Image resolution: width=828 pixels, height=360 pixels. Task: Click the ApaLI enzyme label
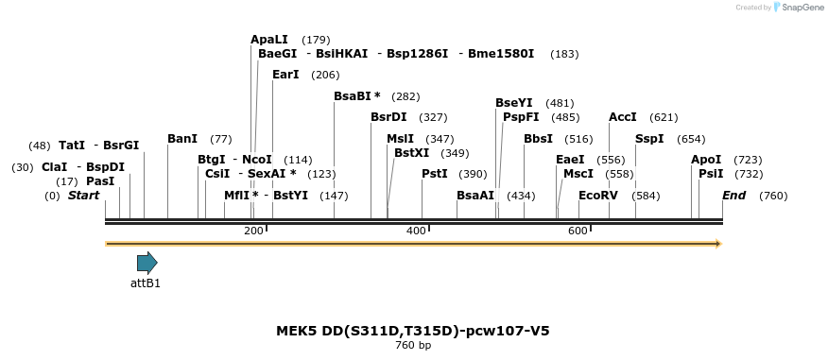(x=268, y=40)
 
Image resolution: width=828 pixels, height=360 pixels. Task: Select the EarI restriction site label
(x=285, y=75)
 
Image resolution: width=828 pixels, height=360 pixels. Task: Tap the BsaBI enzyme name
(x=352, y=96)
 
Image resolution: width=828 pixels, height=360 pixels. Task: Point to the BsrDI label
(x=388, y=117)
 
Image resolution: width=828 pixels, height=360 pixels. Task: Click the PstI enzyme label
(x=434, y=174)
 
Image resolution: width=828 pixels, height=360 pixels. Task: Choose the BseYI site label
(x=514, y=103)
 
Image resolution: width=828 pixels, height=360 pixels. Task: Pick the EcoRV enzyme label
(x=597, y=196)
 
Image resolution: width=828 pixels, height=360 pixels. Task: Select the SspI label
(x=649, y=139)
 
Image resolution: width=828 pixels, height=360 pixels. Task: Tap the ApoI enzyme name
(x=706, y=160)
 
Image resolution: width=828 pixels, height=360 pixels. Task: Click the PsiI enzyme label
(x=711, y=174)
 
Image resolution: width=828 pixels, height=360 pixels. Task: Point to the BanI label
(x=182, y=139)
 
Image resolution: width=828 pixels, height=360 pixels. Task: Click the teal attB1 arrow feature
(x=147, y=263)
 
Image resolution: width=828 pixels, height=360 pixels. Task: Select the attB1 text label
(x=146, y=283)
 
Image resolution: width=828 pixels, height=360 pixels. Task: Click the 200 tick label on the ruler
(x=253, y=231)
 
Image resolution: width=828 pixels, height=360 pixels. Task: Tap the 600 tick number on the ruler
(x=578, y=231)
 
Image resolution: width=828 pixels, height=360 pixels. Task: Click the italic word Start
(x=83, y=196)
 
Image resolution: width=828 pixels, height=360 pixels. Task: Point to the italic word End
(x=733, y=196)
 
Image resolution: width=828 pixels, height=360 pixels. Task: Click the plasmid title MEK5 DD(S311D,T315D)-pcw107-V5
(x=413, y=331)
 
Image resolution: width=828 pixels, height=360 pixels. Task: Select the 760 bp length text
(x=413, y=346)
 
